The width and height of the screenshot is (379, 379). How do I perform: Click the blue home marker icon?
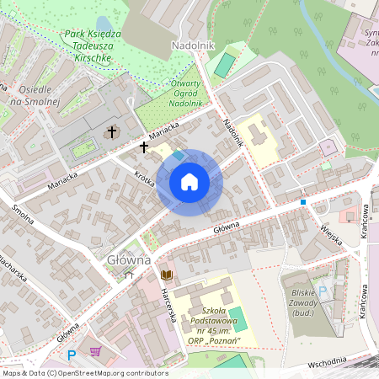point(189,182)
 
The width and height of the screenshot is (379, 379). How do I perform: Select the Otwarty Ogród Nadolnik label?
point(185,93)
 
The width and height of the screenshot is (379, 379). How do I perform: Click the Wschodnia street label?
point(338,361)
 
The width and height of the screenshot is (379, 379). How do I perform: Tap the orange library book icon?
point(167,275)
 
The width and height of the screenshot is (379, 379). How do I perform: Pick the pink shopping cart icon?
point(96,352)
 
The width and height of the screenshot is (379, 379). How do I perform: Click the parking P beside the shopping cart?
point(72,355)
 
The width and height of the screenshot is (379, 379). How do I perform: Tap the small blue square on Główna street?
point(303,202)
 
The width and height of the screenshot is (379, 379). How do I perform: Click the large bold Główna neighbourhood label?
point(128,259)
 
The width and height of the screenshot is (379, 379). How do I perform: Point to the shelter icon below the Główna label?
point(128,274)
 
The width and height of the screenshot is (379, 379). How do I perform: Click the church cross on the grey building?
point(111,132)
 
